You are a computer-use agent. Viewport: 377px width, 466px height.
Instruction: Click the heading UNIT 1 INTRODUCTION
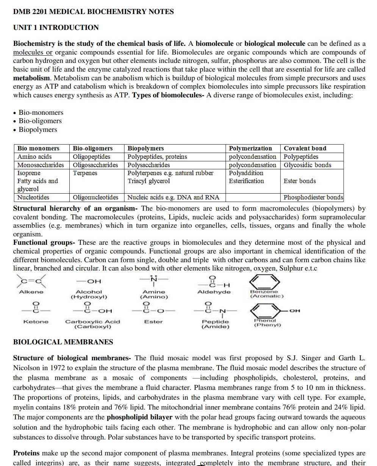tap(56, 27)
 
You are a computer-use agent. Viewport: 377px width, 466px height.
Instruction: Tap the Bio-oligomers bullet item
tap(40, 121)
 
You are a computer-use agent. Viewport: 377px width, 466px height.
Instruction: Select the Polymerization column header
tap(250, 148)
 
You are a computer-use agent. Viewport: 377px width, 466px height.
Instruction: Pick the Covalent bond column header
tap(305, 148)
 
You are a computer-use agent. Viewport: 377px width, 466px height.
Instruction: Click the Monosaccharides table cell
tap(41, 165)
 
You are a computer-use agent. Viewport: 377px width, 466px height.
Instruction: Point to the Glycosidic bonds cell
tap(307, 165)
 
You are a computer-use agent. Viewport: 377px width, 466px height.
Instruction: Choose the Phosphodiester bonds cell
tap(313, 197)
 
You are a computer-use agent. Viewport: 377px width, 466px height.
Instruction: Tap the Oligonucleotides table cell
tap(95, 197)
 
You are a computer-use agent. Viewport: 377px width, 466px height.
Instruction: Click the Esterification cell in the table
tap(246, 181)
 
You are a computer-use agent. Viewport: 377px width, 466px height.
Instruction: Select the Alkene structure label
tap(31, 292)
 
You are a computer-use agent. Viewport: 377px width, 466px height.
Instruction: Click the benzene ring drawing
tap(264, 281)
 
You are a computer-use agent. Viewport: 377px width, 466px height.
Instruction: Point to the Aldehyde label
tap(214, 292)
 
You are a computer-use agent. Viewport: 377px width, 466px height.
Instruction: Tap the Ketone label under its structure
tap(36, 322)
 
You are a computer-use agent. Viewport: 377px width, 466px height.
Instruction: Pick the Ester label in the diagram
tap(153, 322)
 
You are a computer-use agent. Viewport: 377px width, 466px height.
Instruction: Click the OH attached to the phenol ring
tap(294, 311)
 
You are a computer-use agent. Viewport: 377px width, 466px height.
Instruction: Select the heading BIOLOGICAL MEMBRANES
tap(63, 342)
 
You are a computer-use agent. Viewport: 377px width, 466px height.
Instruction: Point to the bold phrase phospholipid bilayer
tap(139, 417)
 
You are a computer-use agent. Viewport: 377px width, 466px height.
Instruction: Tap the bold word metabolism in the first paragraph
tap(31, 78)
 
